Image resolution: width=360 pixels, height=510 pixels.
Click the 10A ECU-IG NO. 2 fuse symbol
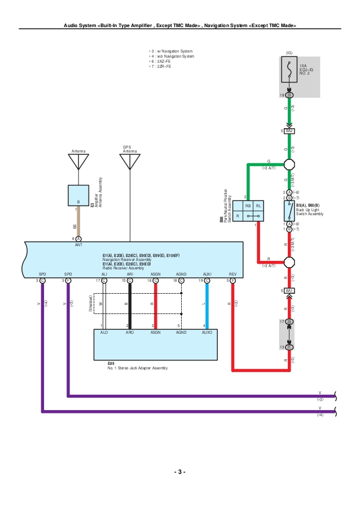click(x=289, y=71)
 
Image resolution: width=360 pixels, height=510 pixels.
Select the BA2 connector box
click(x=289, y=131)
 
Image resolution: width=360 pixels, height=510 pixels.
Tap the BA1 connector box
click(x=289, y=290)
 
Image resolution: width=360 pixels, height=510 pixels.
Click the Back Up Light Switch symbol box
click(x=289, y=210)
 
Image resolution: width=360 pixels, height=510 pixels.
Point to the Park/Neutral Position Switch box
click(x=249, y=211)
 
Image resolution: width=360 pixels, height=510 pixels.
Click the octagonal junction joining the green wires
click(x=289, y=164)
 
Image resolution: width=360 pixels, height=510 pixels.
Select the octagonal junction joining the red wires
click(x=289, y=263)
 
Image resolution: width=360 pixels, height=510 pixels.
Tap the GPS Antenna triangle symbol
click(x=130, y=162)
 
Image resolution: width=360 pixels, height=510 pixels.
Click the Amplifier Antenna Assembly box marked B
click(x=78, y=195)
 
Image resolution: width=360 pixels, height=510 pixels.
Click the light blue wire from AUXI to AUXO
click(x=207, y=305)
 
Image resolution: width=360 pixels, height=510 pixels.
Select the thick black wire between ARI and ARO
click(x=130, y=305)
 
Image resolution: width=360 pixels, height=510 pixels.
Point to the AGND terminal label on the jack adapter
click(x=181, y=333)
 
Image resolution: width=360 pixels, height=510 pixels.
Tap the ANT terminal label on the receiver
click(x=78, y=245)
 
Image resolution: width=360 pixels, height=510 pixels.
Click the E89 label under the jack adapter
click(x=111, y=364)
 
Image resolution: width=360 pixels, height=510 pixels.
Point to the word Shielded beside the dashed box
click(x=90, y=304)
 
